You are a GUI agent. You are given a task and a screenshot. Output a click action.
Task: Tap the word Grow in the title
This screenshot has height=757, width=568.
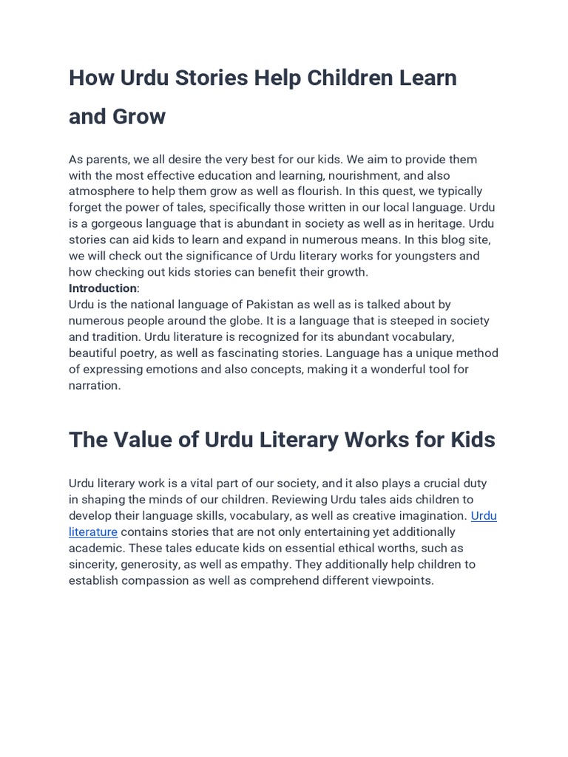pyautogui.click(x=141, y=116)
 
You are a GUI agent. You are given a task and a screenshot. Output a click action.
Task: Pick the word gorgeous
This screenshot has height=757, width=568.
pyautogui.click(x=117, y=223)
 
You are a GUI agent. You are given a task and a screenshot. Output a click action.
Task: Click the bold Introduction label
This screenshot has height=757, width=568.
pyautogui.click(x=102, y=288)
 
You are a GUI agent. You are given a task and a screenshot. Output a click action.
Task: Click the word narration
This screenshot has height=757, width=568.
pyautogui.click(x=93, y=385)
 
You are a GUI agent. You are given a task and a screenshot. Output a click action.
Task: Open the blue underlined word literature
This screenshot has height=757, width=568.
pyautogui.click(x=93, y=532)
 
